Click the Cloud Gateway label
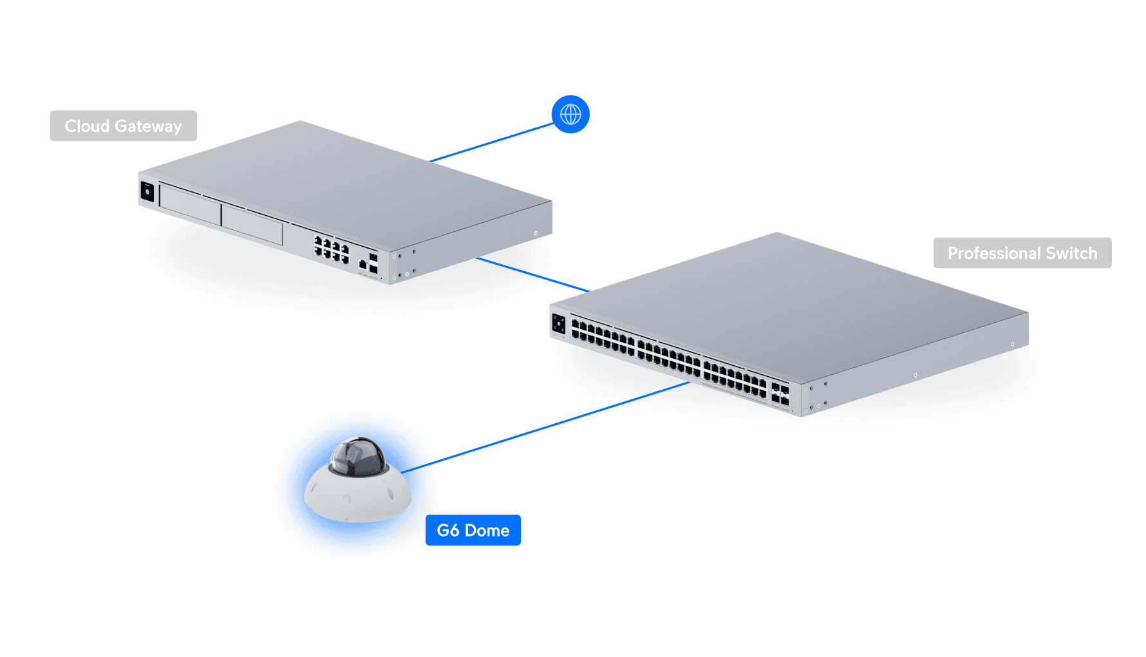point(123,126)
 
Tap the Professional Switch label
point(1022,253)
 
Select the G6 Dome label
point(473,531)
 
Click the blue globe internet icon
point(570,115)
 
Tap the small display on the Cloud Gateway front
point(147,192)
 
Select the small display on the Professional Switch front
point(559,323)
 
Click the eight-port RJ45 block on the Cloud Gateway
point(332,249)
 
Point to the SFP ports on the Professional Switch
point(780,394)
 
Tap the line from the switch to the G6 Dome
point(560,422)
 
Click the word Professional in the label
point(994,253)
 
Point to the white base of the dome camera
point(357,499)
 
